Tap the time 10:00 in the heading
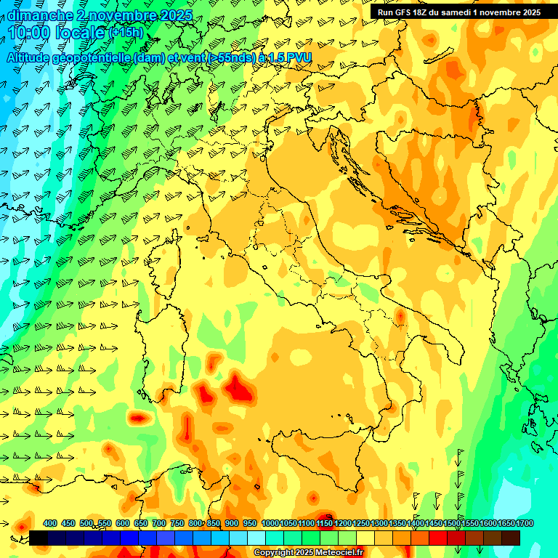tap(28, 32)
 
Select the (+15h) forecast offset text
tap(126, 33)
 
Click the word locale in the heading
tap(79, 32)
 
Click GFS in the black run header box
tap(403, 12)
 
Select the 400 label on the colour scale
tap(50, 524)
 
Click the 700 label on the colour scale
tap(158, 524)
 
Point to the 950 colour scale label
tap(249, 524)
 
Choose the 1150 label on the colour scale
tap(325, 524)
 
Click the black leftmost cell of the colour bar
tap(39, 538)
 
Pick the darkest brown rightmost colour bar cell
tap(511, 538)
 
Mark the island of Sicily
tap(320, 454)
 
